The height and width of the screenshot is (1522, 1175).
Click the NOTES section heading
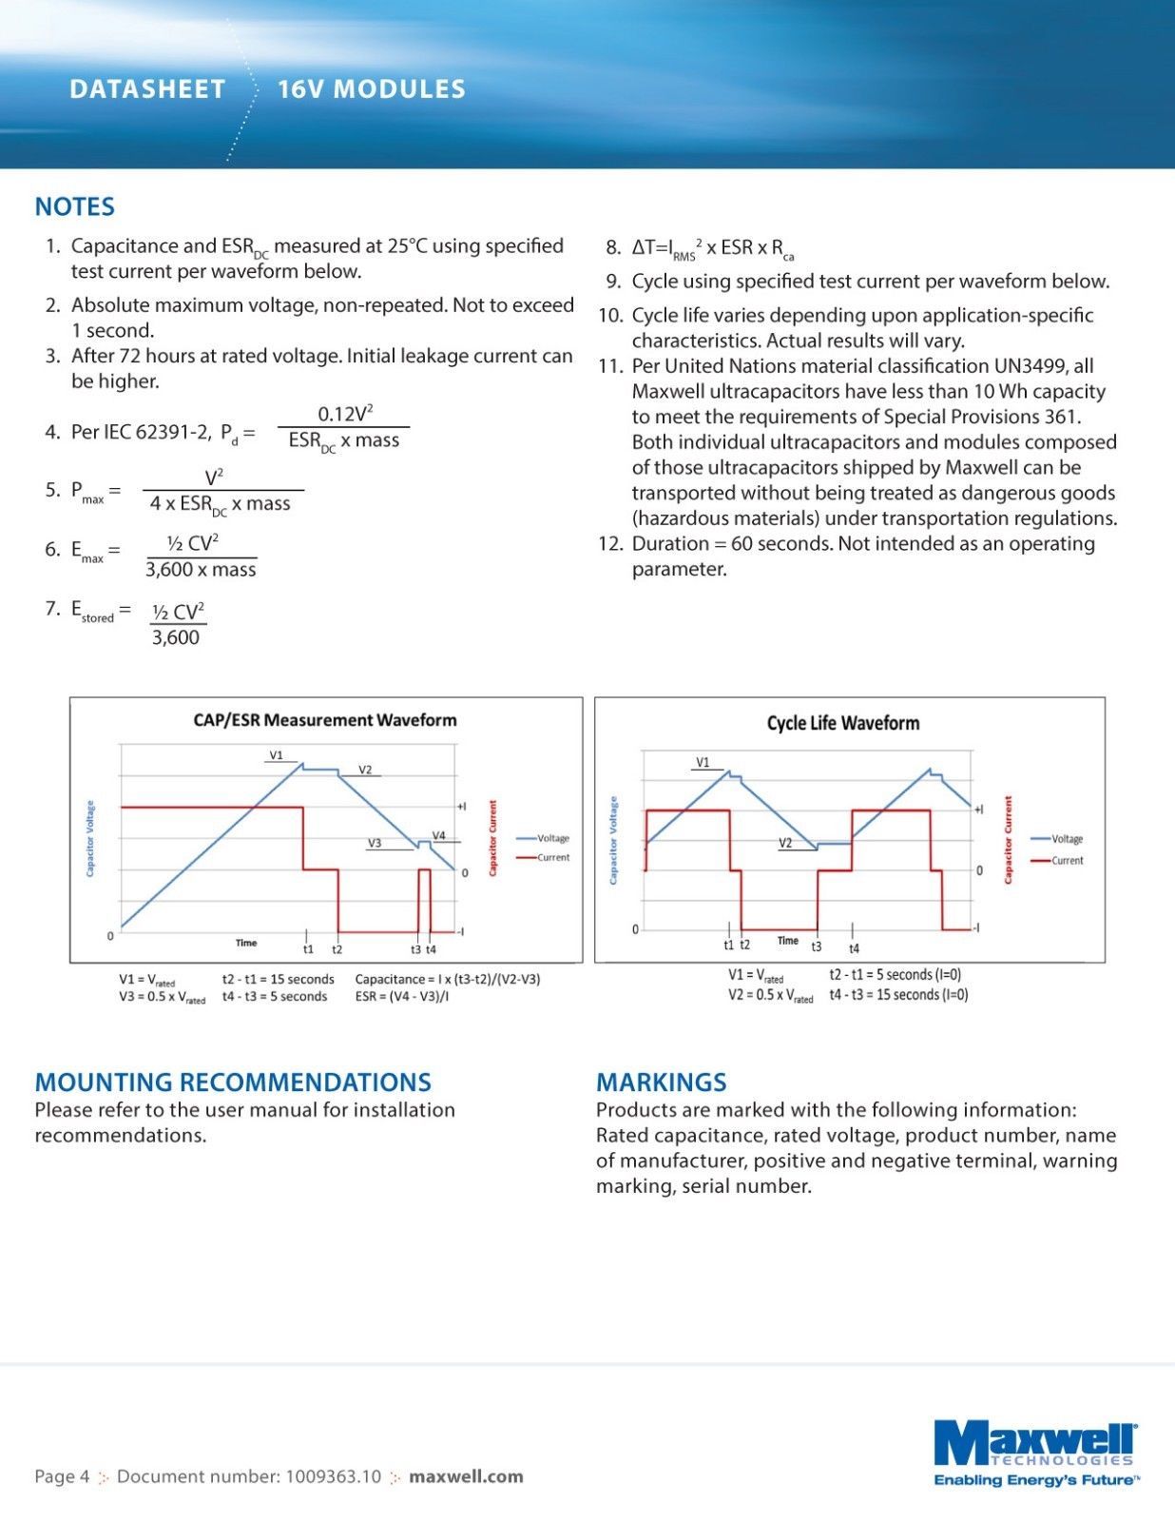pyautogui.click(x=74, y=206)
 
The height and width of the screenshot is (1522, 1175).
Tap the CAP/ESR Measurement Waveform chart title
pyautogui.click(x=325, y=720)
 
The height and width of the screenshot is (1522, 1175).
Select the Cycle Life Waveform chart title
pyautogui.click(x=843, y=723)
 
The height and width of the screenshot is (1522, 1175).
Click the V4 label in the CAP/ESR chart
pyautogui.click(x=438, y=835)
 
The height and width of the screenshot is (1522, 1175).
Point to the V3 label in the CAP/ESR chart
pyautogui.click(x=375, y=843)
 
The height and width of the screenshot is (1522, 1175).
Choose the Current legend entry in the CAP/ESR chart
pyautogui.click(x=552, y=857)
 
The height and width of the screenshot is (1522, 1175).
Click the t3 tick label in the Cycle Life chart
pyautogui.click(x=817, y=947)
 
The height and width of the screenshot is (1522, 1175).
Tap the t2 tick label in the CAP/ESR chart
pyautogui.click(x=337, y=949)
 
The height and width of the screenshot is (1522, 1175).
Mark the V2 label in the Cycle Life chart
pyautogui.click(x=785, y=843)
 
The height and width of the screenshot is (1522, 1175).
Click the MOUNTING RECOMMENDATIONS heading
pyautogui.click(x=233, y=1083)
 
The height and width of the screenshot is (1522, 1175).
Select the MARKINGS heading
pyautogui.click(x=661, y=1083)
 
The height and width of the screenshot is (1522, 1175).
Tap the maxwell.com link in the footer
pyautogui.click(x=466, y=1476)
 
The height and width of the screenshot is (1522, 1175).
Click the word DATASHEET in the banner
pyautogui.click(x=147, y=89)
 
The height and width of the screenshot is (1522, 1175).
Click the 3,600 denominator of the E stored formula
pyautogui.click(x=176, y=637)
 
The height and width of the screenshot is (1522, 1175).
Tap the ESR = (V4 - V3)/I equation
pyautogui.click(x=402, y=997)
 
